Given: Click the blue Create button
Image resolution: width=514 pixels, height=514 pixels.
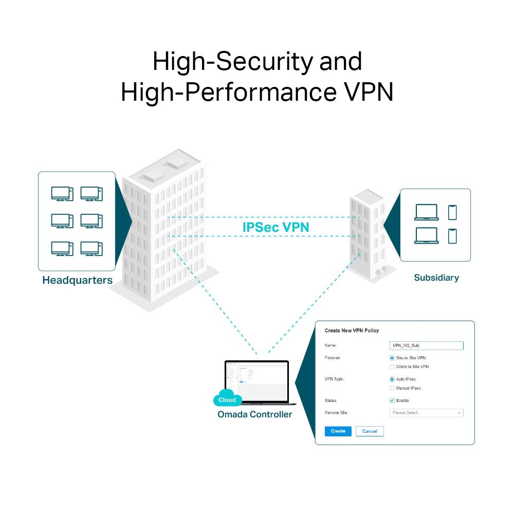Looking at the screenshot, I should (338, 431).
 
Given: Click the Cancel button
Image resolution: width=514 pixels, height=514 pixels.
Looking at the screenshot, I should (370, 431).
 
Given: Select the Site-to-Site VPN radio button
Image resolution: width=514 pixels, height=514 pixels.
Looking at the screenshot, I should (392, 358).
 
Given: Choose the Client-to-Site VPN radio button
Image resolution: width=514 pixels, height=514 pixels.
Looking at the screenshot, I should (392, 367).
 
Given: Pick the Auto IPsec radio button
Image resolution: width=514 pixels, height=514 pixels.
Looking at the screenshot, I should (392, 379).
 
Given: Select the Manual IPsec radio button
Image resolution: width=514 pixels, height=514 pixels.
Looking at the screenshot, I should (392, 388).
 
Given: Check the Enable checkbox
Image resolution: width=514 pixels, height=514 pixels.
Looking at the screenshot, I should (392, 400).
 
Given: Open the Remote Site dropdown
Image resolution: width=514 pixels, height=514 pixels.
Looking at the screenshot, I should (426, 413).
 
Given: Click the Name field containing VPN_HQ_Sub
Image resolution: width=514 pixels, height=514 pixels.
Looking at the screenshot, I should (426, 346).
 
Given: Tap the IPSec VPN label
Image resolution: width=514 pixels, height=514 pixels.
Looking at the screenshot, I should (276, 227).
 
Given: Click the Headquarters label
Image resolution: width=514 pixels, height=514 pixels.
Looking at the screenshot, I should (77, 281).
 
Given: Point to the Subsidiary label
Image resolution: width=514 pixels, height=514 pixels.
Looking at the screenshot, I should (436, 278).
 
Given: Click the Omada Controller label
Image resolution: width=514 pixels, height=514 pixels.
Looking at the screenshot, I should (254, 414).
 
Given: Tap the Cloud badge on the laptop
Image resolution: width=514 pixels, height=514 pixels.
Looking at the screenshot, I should (227, 399).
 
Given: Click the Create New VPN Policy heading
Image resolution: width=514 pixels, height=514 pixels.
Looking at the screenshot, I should (352, 331).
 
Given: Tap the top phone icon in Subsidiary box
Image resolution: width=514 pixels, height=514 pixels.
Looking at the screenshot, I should (452, 212).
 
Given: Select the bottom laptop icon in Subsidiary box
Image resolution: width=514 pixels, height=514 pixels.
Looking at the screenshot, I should (426, 235).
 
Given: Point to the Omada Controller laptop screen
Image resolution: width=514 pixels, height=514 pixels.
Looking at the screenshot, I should (257, 380).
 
